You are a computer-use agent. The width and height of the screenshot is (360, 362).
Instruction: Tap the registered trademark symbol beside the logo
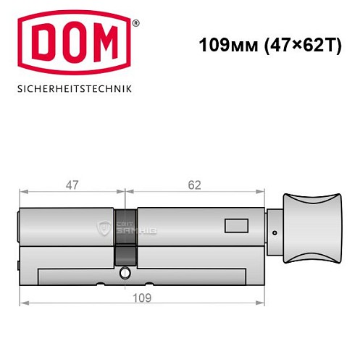tap(135, 22)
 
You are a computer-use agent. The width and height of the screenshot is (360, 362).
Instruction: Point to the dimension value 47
tap(72, 184)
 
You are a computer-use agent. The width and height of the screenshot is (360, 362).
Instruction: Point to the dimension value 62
tap(193, 184)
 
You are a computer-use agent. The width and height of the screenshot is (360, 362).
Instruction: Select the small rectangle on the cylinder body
tap(235, 226)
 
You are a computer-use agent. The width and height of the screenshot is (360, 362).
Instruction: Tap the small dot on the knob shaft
tap(275, 232)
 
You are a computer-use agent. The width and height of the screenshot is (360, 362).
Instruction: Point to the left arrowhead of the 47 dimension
tap(22, 193)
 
